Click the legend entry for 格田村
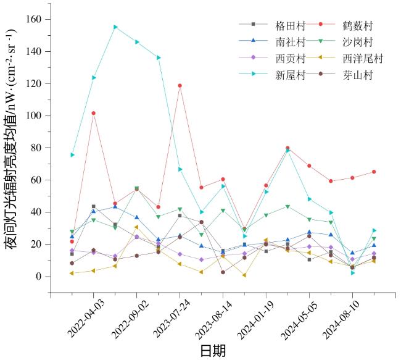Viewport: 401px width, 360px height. point(291,26)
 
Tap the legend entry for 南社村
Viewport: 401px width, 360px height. point(291,43)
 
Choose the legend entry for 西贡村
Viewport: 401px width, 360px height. point(291,59)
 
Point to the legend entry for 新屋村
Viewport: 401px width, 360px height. point(291,75)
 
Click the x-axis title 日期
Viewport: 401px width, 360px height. point(213,351)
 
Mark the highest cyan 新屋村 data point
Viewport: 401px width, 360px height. point(115,27)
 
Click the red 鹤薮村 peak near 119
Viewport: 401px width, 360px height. point(180,86)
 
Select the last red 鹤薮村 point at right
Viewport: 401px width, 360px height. point(374,172)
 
